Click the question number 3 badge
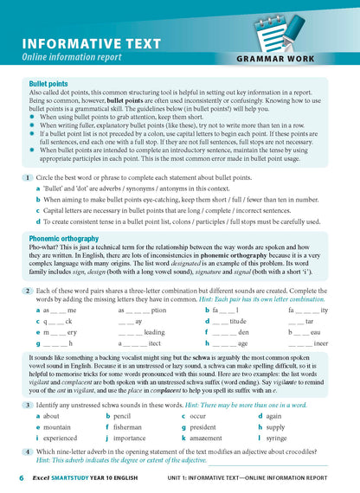(29, 405)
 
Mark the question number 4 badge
(29, 452)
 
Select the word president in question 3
(208, 427)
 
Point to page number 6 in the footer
(22, 477)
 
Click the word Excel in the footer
(42, 477)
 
